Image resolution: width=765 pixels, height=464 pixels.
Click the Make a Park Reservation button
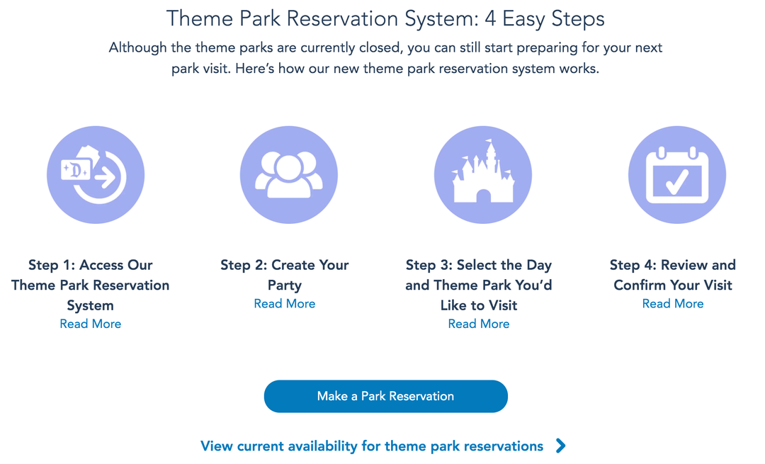(x=385, y=396)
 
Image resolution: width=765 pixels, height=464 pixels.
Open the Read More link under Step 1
(x=90, y=324)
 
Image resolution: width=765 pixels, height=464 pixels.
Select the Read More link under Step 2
(x=284, y=303)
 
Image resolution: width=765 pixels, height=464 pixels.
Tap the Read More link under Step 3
(x=478, y=324)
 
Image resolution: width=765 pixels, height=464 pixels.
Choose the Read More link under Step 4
(x=672, y=303)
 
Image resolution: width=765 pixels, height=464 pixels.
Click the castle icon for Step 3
(x=482, y=175)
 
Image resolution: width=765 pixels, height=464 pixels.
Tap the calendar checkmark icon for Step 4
(x=676, y=175)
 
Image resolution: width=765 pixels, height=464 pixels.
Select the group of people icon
(x=288, y=175)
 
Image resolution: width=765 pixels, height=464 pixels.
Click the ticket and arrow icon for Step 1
(x=95, y=175)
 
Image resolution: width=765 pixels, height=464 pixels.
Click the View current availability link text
(x=372, y=446)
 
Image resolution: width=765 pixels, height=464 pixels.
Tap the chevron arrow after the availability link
(x=561, y=446)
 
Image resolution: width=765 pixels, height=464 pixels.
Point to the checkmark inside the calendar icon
(x=676, y=181)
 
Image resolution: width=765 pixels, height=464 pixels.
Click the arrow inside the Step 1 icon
(x=107, y=178)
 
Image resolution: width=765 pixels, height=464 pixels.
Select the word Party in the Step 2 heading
(x=284, y=285)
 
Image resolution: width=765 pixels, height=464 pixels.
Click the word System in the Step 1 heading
(x=90, y=306)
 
